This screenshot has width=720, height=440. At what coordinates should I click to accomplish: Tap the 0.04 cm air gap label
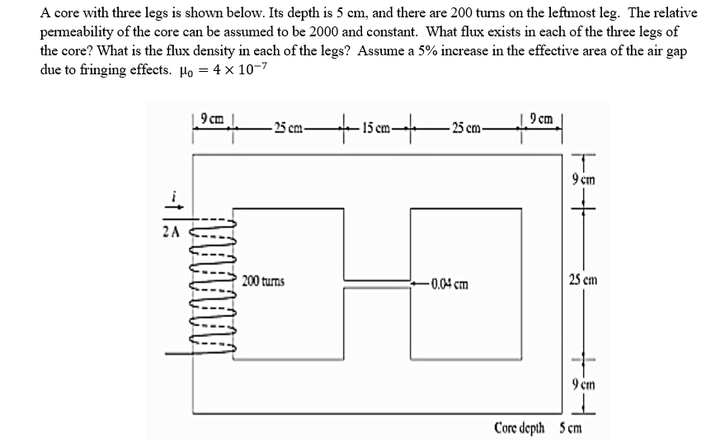449,286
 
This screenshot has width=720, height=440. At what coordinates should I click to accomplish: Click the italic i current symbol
172,196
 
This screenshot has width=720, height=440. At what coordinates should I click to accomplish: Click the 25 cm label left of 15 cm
287,127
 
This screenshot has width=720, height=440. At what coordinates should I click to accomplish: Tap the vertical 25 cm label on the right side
582,281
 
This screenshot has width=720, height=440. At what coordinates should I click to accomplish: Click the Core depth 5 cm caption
538,427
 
